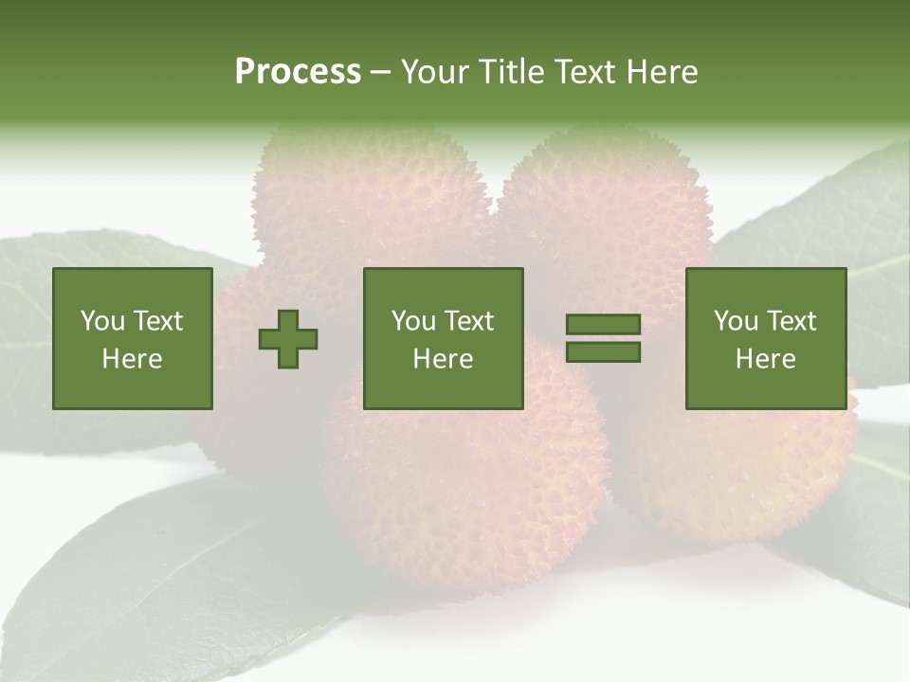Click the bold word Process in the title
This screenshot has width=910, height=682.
coord(298,72)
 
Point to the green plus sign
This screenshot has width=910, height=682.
coord(288,339)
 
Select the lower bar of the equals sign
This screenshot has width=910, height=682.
coord(603,352)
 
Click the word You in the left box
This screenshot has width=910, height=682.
coord(102,321)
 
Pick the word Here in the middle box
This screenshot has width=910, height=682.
coord(444,359)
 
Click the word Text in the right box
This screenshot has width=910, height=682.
coord(791,321)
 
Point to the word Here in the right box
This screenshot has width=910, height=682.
coord(766,359)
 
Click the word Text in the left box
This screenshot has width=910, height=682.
coord(157,321)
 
